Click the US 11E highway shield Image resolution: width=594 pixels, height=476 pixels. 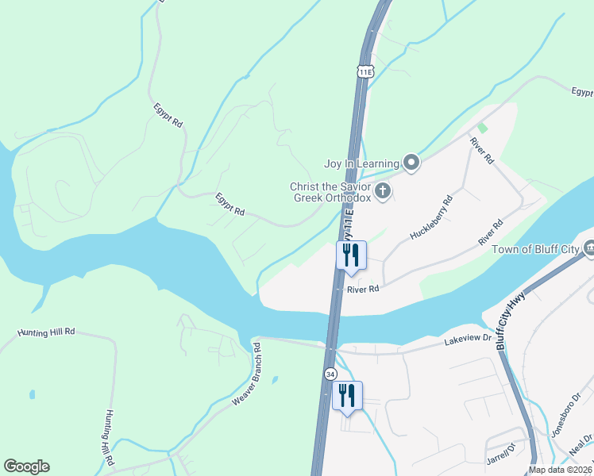[x=364, y=71]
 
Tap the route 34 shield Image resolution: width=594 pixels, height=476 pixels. [x=330, y=373]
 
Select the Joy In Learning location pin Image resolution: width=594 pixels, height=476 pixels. [x=411, y=163]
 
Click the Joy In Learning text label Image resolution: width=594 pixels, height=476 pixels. [x=361, y=164]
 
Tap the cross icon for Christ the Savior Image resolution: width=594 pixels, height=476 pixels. [x=383, y=190]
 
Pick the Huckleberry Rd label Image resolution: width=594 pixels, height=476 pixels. [x=430, y=217]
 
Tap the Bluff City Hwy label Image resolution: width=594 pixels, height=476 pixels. [x=511, y=321]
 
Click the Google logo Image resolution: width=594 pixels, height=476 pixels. [x=26, y=466]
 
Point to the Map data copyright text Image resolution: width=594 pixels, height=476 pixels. [x=560, y=470]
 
